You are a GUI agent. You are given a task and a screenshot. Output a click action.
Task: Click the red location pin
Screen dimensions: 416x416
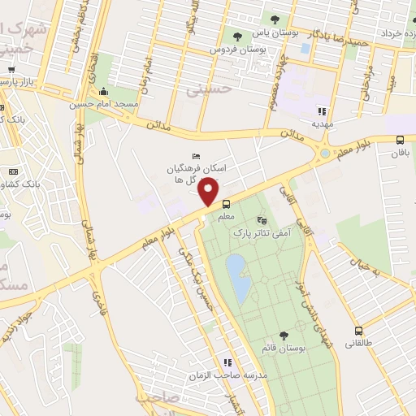click(x=210, y=192)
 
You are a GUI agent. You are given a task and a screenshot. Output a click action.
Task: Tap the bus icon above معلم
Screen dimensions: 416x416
click(x=226, y=205)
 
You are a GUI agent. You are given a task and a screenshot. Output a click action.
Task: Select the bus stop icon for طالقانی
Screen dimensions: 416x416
click(x=359, y=331)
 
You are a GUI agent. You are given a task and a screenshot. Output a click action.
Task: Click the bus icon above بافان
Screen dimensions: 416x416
click(x=399, y=140)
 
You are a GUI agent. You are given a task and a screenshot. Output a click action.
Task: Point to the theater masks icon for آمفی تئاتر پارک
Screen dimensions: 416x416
click(x=261, y=219)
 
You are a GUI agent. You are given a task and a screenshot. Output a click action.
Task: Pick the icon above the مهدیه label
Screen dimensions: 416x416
click(x=322, y=111)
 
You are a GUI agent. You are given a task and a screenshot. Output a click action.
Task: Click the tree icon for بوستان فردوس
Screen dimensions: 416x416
click(x=237, y=37)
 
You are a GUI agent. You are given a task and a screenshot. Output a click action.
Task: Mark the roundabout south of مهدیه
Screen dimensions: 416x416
click(x=325, y=153)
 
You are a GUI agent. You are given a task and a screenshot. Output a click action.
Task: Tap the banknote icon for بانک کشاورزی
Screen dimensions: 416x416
click(x=13, y=171)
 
